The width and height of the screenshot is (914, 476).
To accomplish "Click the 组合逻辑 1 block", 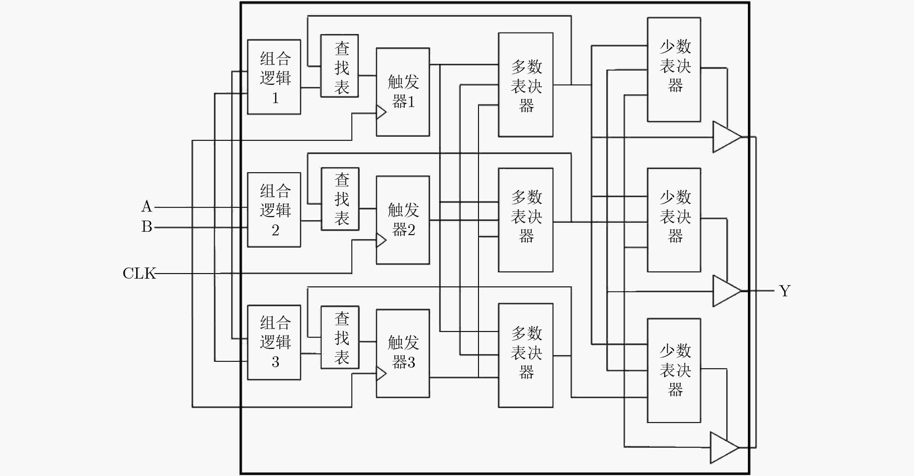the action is pos(274,77).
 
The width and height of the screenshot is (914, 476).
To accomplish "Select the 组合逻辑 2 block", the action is pos(274,210).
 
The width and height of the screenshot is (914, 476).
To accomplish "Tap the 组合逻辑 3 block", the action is pos(274,342).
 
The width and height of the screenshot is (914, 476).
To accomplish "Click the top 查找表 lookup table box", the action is pos(339,66).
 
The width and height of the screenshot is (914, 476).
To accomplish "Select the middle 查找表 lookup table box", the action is pos(340,199).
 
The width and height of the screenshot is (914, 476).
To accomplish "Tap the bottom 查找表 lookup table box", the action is pos(340,337).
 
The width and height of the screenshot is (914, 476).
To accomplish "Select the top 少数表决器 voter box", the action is pos(674,70).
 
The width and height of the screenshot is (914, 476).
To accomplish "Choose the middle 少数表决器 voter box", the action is pos(674,220).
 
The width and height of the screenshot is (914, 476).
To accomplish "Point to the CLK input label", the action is pos(139,273).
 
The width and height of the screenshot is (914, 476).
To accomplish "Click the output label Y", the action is pos(784,291).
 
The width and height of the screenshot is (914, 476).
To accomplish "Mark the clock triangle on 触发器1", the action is pos(381,112).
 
